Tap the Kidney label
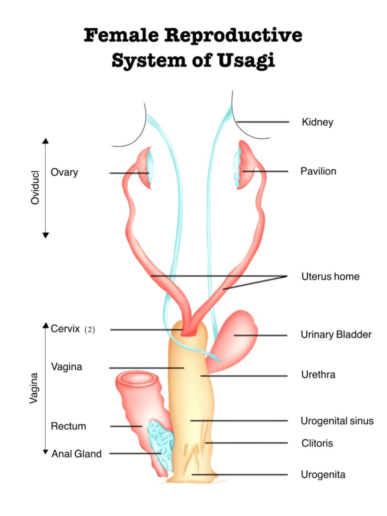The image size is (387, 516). (317, 122)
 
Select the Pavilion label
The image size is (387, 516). (318, 171)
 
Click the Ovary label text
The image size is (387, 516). (64, 172)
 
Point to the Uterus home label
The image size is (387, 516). (330, 277)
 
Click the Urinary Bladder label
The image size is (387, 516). (336, 335)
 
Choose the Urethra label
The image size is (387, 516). (318, 375)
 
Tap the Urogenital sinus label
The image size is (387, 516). (337, 421)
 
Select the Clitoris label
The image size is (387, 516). (317, 443)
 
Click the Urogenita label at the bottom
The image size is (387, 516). (323, 475)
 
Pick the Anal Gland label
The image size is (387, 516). (77, 454)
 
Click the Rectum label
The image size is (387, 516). (68, 426)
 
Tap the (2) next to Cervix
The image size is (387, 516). (90, 330)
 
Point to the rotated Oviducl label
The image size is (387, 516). (35, 187)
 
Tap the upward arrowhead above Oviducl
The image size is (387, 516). (46, 141)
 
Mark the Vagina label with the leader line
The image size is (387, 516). (67, 367)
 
